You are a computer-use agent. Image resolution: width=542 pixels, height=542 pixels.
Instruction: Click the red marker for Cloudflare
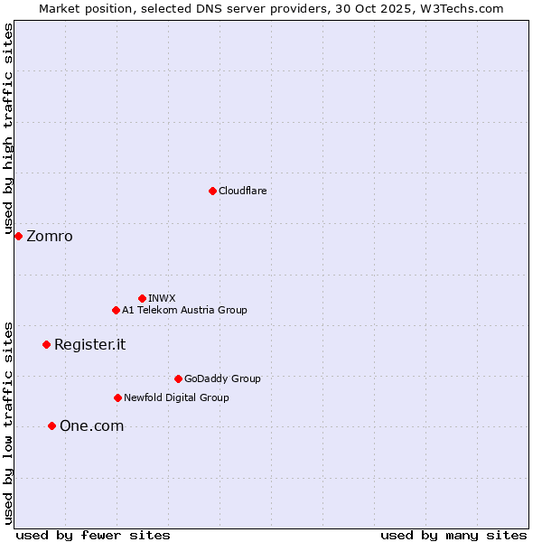(212, 191)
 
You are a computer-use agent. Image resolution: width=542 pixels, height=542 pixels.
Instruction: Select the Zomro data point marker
(18, 236)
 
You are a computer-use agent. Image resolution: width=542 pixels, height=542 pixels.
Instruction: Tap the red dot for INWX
(142, 298)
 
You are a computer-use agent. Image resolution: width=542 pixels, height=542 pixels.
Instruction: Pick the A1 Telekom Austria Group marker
(116, 310)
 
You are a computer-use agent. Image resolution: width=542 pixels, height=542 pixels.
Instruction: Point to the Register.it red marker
(46, 344)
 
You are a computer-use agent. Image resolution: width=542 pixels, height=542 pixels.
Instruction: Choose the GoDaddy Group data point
(178, 378)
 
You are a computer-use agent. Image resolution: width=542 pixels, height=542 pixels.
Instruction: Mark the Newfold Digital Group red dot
(117, 397)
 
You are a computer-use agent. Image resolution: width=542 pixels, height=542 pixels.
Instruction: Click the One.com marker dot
(51, 425)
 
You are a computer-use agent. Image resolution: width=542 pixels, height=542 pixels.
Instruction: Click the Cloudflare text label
(242, 191)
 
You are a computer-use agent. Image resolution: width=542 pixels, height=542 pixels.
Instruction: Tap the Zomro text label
(50, 237)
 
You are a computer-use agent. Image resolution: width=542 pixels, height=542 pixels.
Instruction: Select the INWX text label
(162, 298)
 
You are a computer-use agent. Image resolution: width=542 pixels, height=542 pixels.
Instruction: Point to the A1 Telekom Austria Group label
(184, 310)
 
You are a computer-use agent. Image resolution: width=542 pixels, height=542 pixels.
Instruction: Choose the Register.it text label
(89, 345)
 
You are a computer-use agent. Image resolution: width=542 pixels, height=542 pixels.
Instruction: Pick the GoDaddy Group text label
(222, 378)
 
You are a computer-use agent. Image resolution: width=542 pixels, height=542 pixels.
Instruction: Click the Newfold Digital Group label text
(176, 397)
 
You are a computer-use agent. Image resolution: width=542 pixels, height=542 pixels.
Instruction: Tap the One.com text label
(91, 426)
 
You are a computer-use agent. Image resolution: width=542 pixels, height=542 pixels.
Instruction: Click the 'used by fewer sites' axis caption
(93, 535)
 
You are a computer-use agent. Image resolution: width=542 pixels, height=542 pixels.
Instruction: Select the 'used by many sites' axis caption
(453, 535)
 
